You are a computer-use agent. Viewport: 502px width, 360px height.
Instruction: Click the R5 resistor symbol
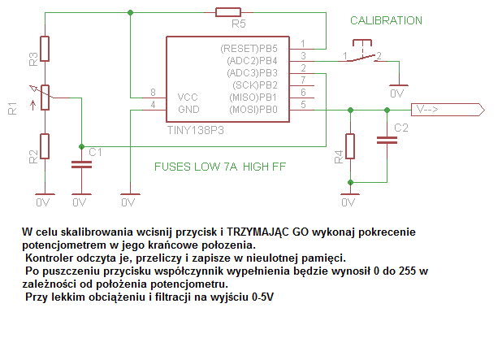[228, 12]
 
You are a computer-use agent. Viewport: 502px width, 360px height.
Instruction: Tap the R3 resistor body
[45, 49]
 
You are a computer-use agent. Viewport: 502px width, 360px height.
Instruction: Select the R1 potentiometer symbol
[45, 98]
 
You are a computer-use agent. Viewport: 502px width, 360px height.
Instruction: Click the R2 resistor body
[45, 146]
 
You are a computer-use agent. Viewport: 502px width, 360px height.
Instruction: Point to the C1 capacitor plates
[81, 165]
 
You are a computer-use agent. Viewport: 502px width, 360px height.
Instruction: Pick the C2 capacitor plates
[387, 140]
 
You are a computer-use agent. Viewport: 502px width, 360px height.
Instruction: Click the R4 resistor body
[350, 146]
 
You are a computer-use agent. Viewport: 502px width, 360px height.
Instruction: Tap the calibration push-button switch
[362, 51]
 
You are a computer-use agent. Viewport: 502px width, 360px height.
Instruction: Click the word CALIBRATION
[386, 21]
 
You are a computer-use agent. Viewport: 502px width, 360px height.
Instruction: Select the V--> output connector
[448, 110]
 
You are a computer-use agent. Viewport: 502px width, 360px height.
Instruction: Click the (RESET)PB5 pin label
[249, 49]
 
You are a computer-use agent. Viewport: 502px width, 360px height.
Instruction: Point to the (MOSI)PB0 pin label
[253, 110]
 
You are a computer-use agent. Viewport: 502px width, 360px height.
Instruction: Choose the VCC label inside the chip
[188, 98]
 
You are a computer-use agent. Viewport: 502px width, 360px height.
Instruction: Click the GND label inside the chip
[188, 110]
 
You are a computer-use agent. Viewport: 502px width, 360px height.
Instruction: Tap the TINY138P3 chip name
[195, 130]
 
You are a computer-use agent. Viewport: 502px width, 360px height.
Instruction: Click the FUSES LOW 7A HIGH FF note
[220, 167]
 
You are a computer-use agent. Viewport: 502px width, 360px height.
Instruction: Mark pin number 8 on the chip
[153, 93]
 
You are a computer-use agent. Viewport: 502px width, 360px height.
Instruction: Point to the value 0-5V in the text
[262, 297]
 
